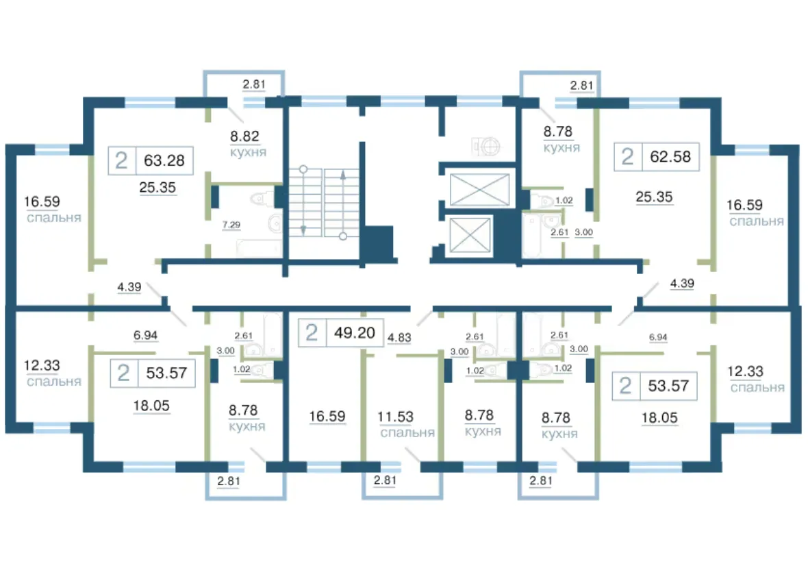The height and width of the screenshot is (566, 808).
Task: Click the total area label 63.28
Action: tap(164, 160)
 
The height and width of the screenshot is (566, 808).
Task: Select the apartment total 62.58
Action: tap(670, 156)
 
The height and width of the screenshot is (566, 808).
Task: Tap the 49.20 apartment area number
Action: tap(355, 332)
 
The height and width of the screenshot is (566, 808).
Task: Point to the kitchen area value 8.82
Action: tap(244, 136)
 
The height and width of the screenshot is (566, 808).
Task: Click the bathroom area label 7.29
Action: tap(231, 225)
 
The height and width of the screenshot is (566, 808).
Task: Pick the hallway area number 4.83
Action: tap(399, 338)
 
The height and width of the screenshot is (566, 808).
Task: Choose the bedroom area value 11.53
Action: tap(395, 417)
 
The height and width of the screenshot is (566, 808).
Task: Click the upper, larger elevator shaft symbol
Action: tap(479, 189)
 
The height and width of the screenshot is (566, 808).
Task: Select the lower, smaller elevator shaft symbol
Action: tap(470, 236)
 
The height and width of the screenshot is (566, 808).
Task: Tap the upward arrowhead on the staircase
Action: tap(342, 175)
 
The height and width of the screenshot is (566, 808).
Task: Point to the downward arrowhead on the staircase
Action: tap(303, 230)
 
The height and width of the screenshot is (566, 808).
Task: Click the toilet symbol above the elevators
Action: tap(486, 147)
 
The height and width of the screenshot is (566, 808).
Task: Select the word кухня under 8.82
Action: tap(248, 153)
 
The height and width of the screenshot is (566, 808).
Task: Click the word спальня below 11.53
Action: tap(407, 433)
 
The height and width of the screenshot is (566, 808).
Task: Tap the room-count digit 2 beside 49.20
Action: tap(312, 332)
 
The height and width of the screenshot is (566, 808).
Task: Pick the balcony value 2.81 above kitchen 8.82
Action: tap(254, 84)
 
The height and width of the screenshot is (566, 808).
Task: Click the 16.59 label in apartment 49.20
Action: tap(327, 417)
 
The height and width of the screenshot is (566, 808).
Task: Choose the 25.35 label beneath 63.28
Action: tap(157, 187)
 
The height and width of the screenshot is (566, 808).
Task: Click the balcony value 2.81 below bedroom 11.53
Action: tap(385, 480)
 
